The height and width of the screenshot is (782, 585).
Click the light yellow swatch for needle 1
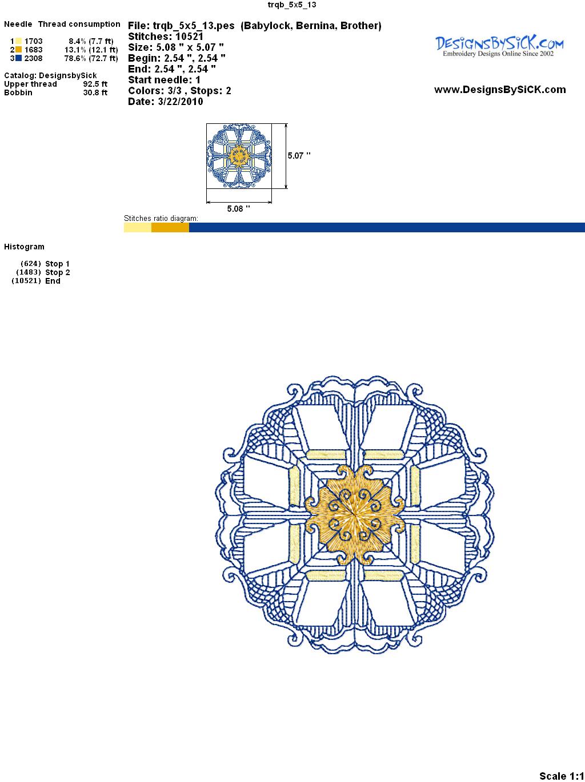18,41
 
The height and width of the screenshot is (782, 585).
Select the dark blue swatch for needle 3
18,58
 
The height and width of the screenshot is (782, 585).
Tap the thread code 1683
33,50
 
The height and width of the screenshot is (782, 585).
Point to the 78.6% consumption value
75,58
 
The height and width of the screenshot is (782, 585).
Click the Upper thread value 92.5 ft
95,84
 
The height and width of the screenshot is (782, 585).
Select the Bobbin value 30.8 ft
95,92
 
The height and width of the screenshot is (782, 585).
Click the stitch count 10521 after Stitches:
189,37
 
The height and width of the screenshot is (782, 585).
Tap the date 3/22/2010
181,102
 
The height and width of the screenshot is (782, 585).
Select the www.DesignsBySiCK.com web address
500,90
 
